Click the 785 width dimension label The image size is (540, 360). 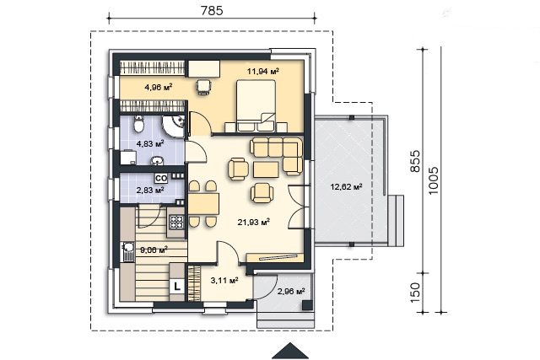212,11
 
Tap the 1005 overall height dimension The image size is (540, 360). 434,180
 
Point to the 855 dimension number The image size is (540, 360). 415,161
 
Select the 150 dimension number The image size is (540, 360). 415,293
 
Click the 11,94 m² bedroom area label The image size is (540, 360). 262,72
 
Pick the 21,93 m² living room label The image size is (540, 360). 253,223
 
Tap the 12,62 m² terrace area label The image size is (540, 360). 346,187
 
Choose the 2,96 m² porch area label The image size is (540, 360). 291,292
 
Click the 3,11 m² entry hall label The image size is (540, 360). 224,281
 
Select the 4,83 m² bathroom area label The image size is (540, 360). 150,143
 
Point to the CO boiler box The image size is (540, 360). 161,178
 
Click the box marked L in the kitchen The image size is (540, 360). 177,287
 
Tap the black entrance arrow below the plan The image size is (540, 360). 290,351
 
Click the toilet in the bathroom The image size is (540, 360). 138,124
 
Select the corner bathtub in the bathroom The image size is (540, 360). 175,126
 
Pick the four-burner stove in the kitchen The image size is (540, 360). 176,222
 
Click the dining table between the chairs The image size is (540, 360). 203,204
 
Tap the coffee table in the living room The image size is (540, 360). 266,169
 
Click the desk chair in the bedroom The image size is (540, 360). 203,86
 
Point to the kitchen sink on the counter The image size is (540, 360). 128,251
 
